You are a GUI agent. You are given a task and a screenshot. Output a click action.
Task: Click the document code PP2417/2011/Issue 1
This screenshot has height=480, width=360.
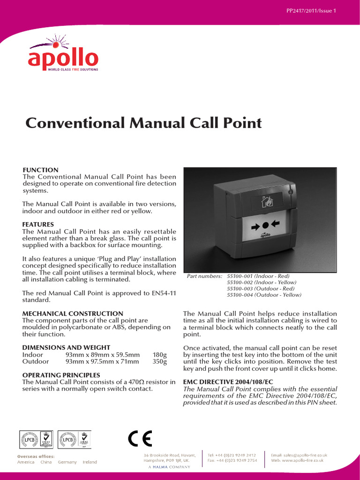click(311, 11)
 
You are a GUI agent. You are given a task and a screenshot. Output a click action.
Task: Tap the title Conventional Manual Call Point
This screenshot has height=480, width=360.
click(143, 123)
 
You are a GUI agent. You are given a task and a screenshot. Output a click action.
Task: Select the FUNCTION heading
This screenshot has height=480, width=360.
click(41, 170)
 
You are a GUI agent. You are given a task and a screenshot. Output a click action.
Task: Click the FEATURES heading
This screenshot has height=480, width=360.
click(38, 225)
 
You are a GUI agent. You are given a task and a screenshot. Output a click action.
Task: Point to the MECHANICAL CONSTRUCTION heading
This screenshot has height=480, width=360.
click(73, 313)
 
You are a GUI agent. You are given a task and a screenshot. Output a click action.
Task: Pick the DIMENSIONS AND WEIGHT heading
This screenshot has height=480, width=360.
click(66, 347)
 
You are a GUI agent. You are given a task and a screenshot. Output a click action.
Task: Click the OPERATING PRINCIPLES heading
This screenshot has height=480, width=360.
click(61, 375)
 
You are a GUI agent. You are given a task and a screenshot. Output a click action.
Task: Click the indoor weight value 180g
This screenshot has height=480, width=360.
click(159, 355)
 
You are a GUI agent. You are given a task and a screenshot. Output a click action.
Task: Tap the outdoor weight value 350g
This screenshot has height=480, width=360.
click(159, 361)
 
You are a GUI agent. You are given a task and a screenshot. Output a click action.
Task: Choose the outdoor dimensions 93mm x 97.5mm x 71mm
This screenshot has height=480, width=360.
click(102, 361)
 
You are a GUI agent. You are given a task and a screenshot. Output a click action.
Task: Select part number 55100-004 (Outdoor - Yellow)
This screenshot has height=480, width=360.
click(264, 295)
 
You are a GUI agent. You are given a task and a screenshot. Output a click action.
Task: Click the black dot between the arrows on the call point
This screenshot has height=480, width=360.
click(265, 225)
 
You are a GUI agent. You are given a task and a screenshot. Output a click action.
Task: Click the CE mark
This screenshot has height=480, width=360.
click(140, 439)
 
